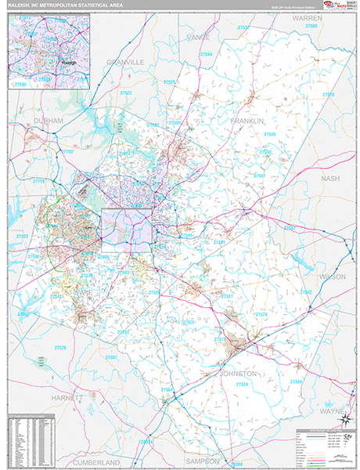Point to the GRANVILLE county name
[126, 60]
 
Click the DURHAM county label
[48, 121]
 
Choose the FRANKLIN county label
[247, 121]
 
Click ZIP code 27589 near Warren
[311, 26]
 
